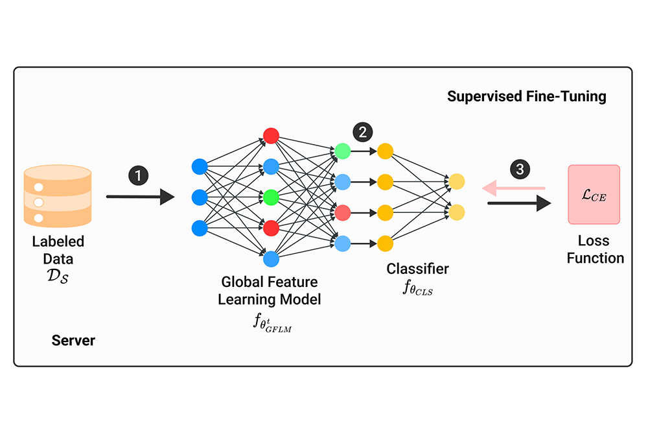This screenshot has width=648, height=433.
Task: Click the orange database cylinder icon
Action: click(x=58, y=195)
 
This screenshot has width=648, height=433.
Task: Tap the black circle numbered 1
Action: click(x=138, y=175)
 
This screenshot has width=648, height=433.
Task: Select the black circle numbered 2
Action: click(x=362, y=132)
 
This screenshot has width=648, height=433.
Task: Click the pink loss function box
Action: click(x=594, y=195)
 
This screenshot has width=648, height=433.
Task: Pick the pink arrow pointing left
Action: click(x=512, y=188)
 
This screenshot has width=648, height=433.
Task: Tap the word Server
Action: click(x=73, y=340)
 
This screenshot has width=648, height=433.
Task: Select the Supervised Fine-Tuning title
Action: click(x=527, y=97)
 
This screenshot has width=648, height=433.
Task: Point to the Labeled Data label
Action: click(x=58, y=250)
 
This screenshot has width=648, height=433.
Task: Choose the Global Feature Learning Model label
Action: click(x=270, y=291)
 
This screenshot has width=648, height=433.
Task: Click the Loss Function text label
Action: click(x=595, y=249)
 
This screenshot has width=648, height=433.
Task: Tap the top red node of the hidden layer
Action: click(x=271, y=136)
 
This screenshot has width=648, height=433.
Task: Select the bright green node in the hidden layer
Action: click(x=271, y=197)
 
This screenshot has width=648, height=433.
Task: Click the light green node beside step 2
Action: click(x=343, y=151)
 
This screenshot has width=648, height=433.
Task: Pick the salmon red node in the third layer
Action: click(x=343, y=212)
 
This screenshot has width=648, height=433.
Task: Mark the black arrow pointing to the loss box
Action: click(x=518, y=203)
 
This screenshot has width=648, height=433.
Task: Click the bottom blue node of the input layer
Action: click(x=200, y=228)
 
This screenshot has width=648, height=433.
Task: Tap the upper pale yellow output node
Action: click(x=457, y=182)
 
